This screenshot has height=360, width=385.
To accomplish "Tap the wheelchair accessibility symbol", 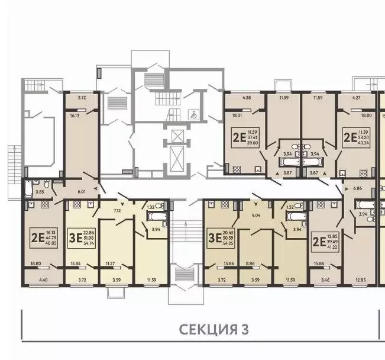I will [192, 114].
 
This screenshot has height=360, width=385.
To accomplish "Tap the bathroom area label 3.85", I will [40, 192].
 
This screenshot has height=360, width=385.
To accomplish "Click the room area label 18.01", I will [238, 117].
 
